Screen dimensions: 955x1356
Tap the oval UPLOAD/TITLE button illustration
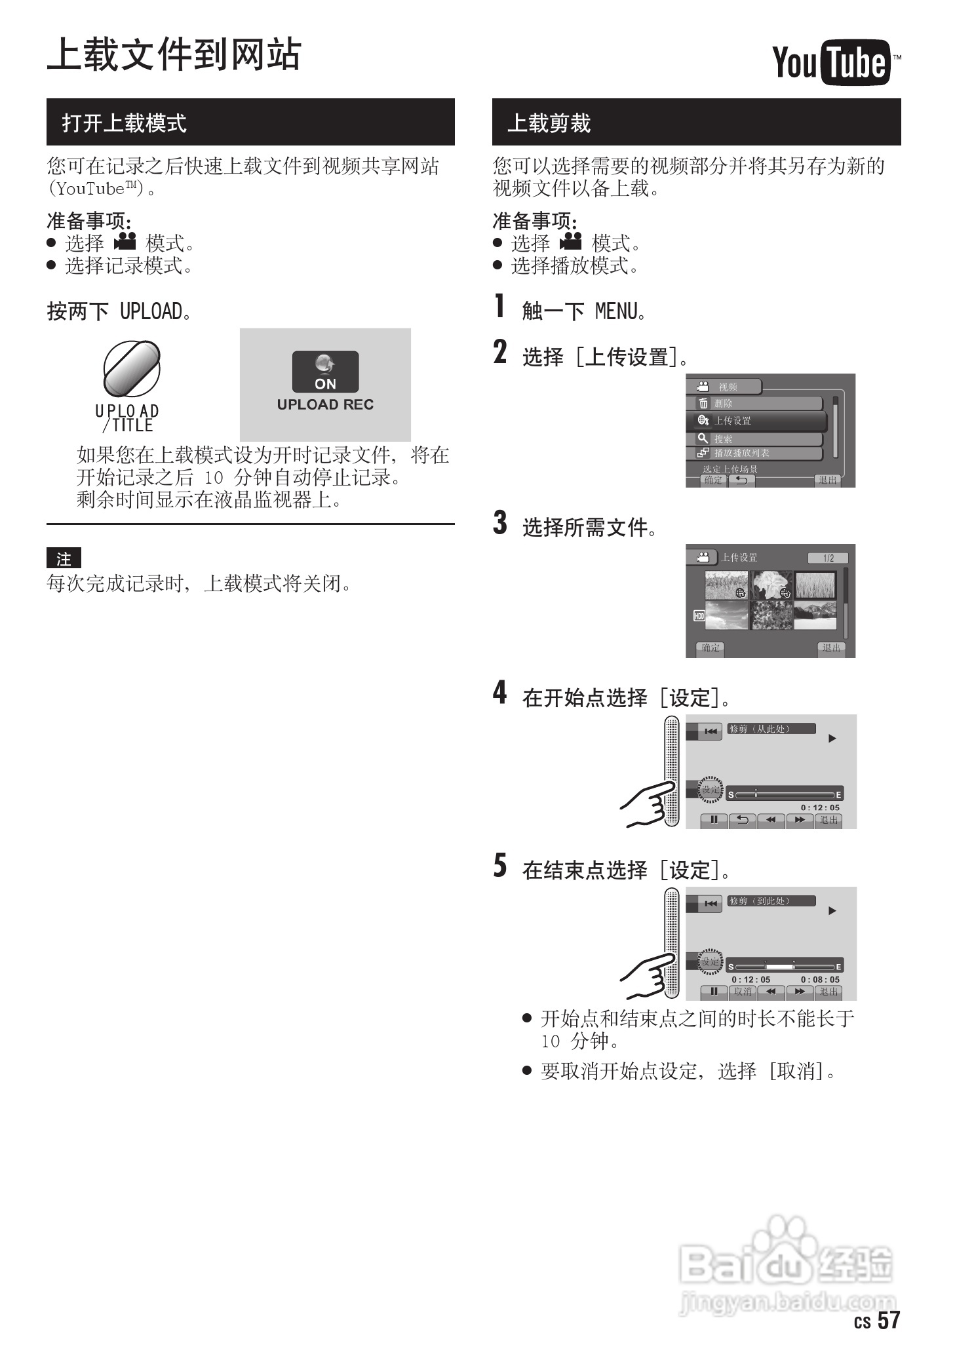click(131, 369)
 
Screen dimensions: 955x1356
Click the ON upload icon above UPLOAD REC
click(325, 372)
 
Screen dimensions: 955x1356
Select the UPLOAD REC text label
click(325, 404)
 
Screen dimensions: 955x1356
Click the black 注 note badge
click(64, 558)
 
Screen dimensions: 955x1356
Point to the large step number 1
click(500, 306)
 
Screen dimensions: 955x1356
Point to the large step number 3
click(500, 523)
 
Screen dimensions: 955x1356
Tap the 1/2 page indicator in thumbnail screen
click(828, 558)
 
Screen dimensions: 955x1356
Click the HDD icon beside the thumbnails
click(699, 615)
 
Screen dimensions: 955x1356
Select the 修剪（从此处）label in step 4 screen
click(771, 729)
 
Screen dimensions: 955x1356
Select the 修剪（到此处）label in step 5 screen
click(771, 901)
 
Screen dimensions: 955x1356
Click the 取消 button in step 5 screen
click(743, 992)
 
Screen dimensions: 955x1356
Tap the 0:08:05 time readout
click(819, 980)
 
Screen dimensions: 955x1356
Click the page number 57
click(889, 1319)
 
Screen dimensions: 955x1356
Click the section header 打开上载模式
click(125, 123)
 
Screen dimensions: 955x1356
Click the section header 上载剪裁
click(549, 123)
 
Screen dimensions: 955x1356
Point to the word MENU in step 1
click(615, 311)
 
